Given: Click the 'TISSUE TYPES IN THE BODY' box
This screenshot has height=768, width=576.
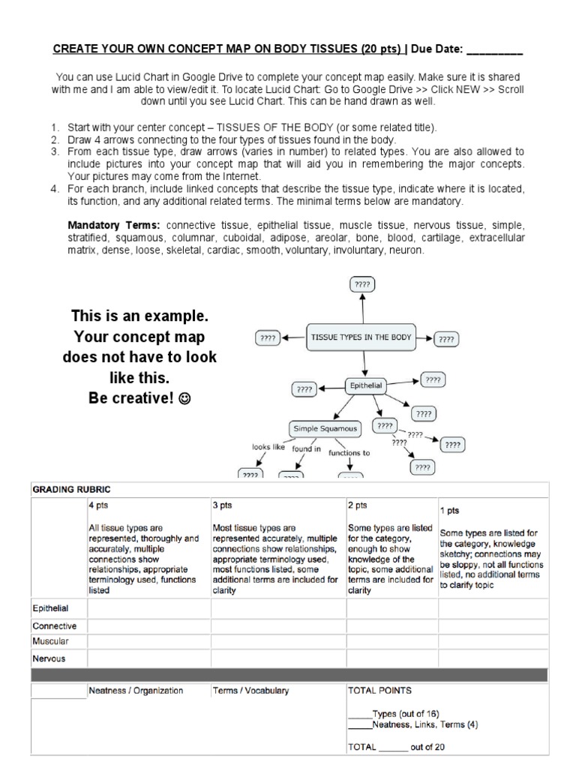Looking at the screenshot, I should [361, 337].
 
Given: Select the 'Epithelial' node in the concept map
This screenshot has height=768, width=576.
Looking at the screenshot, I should [364, 385].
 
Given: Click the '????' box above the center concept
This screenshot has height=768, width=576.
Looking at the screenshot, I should [362, 285].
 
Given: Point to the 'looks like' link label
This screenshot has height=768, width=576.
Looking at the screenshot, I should [268, 447].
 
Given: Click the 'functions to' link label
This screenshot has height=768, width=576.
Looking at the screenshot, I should [349, 453].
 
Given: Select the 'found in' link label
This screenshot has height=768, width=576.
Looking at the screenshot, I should [307, 449].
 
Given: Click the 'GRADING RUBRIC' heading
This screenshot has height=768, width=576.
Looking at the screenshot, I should [70, 489].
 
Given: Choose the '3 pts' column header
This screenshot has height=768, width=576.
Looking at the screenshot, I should [223, 505].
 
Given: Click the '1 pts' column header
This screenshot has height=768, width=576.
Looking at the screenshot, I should [450, 510].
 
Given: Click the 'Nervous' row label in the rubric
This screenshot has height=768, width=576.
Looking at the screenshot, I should [49, 658].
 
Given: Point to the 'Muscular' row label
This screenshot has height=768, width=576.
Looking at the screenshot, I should [50, 641].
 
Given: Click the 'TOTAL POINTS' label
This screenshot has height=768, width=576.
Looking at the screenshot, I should [379, 690].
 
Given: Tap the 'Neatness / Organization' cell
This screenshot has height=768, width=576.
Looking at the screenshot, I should [136, 691].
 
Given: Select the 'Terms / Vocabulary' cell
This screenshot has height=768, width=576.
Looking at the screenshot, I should [250, 691].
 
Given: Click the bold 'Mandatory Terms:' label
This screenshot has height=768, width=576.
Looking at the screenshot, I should [115, 225].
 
